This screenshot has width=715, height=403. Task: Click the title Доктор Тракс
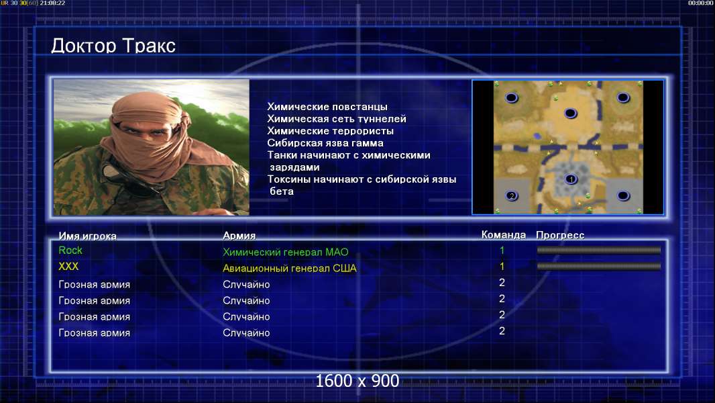[x=113, y=46]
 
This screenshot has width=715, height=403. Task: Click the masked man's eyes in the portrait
[x=141, y=130]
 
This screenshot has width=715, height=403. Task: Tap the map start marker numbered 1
[x=571, y=179]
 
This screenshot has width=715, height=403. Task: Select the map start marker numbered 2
[x=512, y=196]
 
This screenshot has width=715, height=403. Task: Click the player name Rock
[x=70, y=250]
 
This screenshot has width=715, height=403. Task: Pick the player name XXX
[x=68, y=267]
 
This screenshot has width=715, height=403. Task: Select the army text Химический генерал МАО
[x=286, y=252]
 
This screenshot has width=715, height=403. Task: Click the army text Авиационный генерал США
[x=290, y=269]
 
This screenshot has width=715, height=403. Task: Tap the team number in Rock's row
[x=502, y=250]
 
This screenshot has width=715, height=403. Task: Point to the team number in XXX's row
[x=502, y=266]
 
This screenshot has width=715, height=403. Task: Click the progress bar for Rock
[x=599, y=250]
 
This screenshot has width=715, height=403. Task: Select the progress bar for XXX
[x=599, y=266]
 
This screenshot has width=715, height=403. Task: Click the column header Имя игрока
[x=88, y=236]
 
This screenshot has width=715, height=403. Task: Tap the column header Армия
[x=239, y=236]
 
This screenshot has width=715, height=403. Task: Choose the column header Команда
[x=504, y=234]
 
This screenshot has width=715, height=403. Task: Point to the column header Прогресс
[x=560, y=235]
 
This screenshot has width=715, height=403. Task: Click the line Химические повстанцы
[x=327, y=107]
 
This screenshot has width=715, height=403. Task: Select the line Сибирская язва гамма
[x=325, y=143]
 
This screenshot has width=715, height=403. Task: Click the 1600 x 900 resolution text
[x=357, y=381]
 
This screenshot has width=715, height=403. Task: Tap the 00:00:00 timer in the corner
[x=700, y=3]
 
